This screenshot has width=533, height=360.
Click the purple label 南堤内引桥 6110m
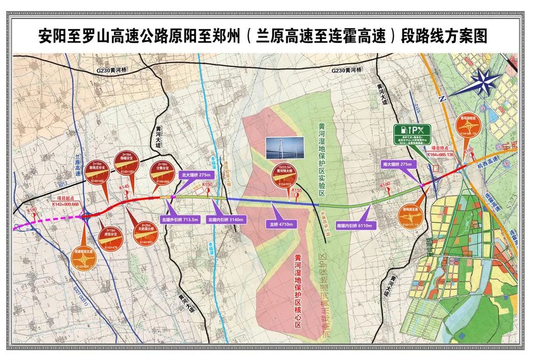(356, 225)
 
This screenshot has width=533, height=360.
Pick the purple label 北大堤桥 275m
(196, 175)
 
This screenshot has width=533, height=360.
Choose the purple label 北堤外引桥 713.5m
(180, 220)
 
